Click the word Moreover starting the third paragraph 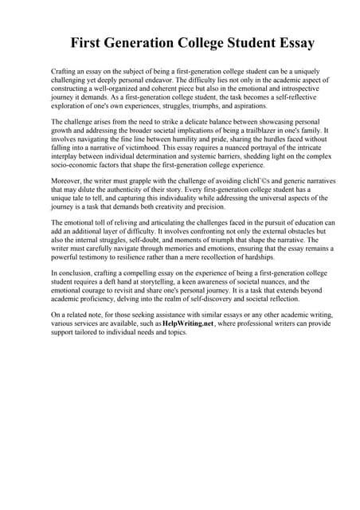coord(65,182)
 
